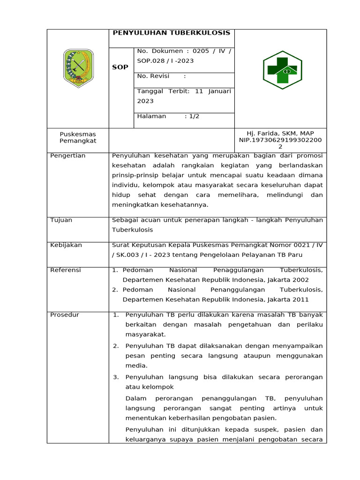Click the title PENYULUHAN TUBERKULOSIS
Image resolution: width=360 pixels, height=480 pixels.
[172, 33]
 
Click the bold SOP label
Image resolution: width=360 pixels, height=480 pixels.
[120, 67]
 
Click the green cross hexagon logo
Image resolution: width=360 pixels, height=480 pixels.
[282, 70]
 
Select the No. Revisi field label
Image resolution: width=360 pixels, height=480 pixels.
[153, 76]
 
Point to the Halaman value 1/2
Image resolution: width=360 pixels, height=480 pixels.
[194, 116]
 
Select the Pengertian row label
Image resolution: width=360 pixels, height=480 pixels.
[68, 156]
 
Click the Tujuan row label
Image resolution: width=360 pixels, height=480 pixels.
[61, 220]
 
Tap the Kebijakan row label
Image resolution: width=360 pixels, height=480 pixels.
[66, 245]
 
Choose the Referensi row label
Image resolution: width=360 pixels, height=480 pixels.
[66, 270]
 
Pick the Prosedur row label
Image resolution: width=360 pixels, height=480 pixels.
[65, 315]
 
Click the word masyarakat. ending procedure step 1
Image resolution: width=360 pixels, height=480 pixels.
[146, 335]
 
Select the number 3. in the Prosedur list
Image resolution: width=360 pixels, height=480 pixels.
[116, 377]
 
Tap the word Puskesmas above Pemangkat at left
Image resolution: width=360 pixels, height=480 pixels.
[78, 134]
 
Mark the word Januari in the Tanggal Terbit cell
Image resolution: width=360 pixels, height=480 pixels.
[219, 91]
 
